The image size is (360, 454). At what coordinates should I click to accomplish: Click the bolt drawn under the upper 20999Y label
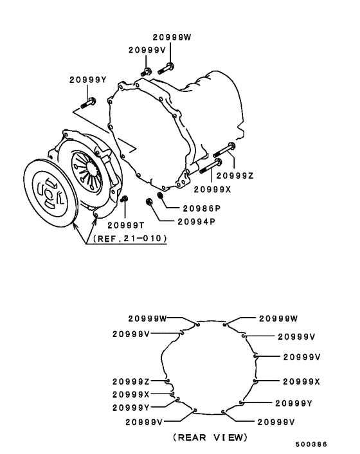88,103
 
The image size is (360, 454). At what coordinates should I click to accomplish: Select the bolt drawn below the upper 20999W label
166,69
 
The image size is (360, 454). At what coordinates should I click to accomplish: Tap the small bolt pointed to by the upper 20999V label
147,72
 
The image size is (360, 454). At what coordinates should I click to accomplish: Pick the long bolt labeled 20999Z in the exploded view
224,150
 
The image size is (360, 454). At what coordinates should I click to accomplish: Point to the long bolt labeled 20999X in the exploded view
211,166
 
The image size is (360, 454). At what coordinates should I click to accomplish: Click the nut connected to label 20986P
160,195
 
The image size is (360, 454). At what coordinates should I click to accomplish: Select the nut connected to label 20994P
149,201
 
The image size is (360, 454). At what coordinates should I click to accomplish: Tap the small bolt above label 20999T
124,199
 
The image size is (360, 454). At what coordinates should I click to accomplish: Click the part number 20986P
202,208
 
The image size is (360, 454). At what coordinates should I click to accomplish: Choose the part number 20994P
197,221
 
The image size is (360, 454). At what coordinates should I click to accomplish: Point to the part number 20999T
126,225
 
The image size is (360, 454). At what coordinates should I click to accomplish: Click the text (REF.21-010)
130,239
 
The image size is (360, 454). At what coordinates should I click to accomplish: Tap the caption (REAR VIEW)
210,437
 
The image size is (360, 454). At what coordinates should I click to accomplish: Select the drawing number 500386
311,444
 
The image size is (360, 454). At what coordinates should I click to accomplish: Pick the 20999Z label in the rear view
130,381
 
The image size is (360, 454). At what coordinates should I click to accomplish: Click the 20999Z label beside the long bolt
235,176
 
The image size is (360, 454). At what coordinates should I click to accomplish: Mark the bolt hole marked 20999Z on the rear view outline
168,381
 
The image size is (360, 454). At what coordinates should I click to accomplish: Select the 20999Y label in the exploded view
88,80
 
